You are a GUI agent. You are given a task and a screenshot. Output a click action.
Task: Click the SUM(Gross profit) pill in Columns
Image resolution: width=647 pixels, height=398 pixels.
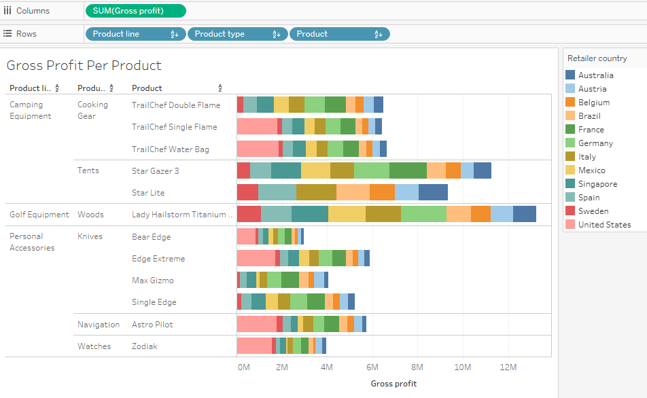(x=135, y=11)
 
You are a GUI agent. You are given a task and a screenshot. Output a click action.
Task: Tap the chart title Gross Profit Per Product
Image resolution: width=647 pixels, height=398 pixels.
(x=84, y=66)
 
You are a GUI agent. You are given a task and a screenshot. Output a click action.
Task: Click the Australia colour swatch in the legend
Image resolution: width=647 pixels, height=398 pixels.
(x=570, y=75)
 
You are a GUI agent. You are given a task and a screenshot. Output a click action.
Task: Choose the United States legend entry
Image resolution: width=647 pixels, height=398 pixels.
(x=604, y=225)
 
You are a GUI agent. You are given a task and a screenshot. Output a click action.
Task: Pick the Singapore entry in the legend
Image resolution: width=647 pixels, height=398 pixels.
(x=597, y=184)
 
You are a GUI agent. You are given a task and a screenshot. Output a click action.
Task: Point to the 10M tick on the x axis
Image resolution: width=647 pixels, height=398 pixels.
(x=463, y=367)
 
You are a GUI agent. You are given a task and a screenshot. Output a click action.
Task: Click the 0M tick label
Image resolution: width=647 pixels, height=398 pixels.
(x=243, y=367)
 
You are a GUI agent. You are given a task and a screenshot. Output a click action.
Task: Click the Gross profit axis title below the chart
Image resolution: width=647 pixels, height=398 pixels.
(x=394, y=384)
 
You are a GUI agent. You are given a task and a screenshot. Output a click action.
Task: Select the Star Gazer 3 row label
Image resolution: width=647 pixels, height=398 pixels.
(x=155, y=171)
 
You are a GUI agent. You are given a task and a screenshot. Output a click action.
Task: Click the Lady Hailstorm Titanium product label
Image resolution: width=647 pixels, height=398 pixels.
(x=181, y=215)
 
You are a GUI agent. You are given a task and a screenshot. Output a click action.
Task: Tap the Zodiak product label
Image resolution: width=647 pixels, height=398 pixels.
(x=144, y=346)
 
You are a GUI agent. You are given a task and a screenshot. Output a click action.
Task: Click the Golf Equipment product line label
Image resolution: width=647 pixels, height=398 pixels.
(x=39, y=215)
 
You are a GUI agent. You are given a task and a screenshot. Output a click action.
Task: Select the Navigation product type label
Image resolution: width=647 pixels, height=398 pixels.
(x=99, y=325)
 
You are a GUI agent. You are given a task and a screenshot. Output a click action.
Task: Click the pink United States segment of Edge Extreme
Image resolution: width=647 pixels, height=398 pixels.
(x=256, y=258)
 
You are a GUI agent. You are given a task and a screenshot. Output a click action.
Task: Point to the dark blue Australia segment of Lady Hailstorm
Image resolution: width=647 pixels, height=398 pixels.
(x=524, y=214)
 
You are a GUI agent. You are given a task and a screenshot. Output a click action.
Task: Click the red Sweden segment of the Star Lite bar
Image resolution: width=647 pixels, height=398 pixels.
(x=247, y=193)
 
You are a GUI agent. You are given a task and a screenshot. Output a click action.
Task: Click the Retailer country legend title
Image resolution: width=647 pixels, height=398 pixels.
(x=597, y=58)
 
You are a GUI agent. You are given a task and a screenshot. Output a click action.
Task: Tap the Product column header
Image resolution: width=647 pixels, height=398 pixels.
(x=147, y=88)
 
